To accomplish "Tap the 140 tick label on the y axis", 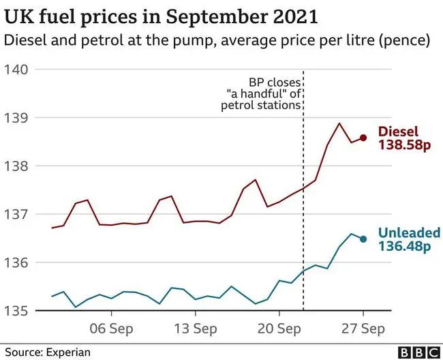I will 16,70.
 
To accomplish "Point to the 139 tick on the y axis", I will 16,118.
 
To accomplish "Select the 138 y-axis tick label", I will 16,166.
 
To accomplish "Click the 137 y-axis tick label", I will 16,214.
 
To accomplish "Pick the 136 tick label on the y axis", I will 16,262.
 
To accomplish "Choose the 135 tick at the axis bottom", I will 16,311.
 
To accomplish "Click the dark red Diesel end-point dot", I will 363,138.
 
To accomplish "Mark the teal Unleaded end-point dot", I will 363,239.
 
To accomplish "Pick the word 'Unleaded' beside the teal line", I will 409,232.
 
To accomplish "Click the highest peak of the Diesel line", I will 339,123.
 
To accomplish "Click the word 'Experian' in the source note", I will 67,352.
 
